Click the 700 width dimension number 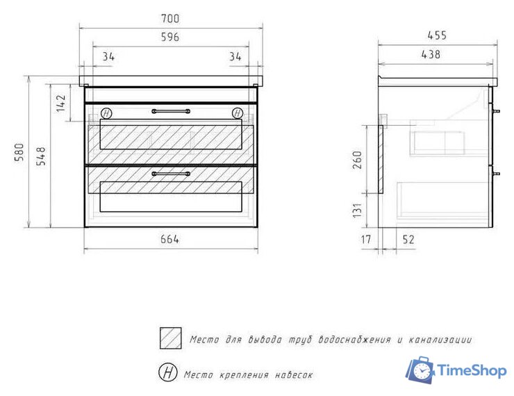coord(170,19)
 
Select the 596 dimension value coord(170,37)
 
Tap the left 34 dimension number coord(108,57)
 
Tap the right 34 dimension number coord(235,57)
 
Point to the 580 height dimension coord(19,152)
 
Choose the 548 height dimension coord(41,156)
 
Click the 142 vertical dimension coord(60,104)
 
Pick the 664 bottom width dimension coord(169,239)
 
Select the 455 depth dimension coord(437,35)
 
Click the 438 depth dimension coord(431,54)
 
